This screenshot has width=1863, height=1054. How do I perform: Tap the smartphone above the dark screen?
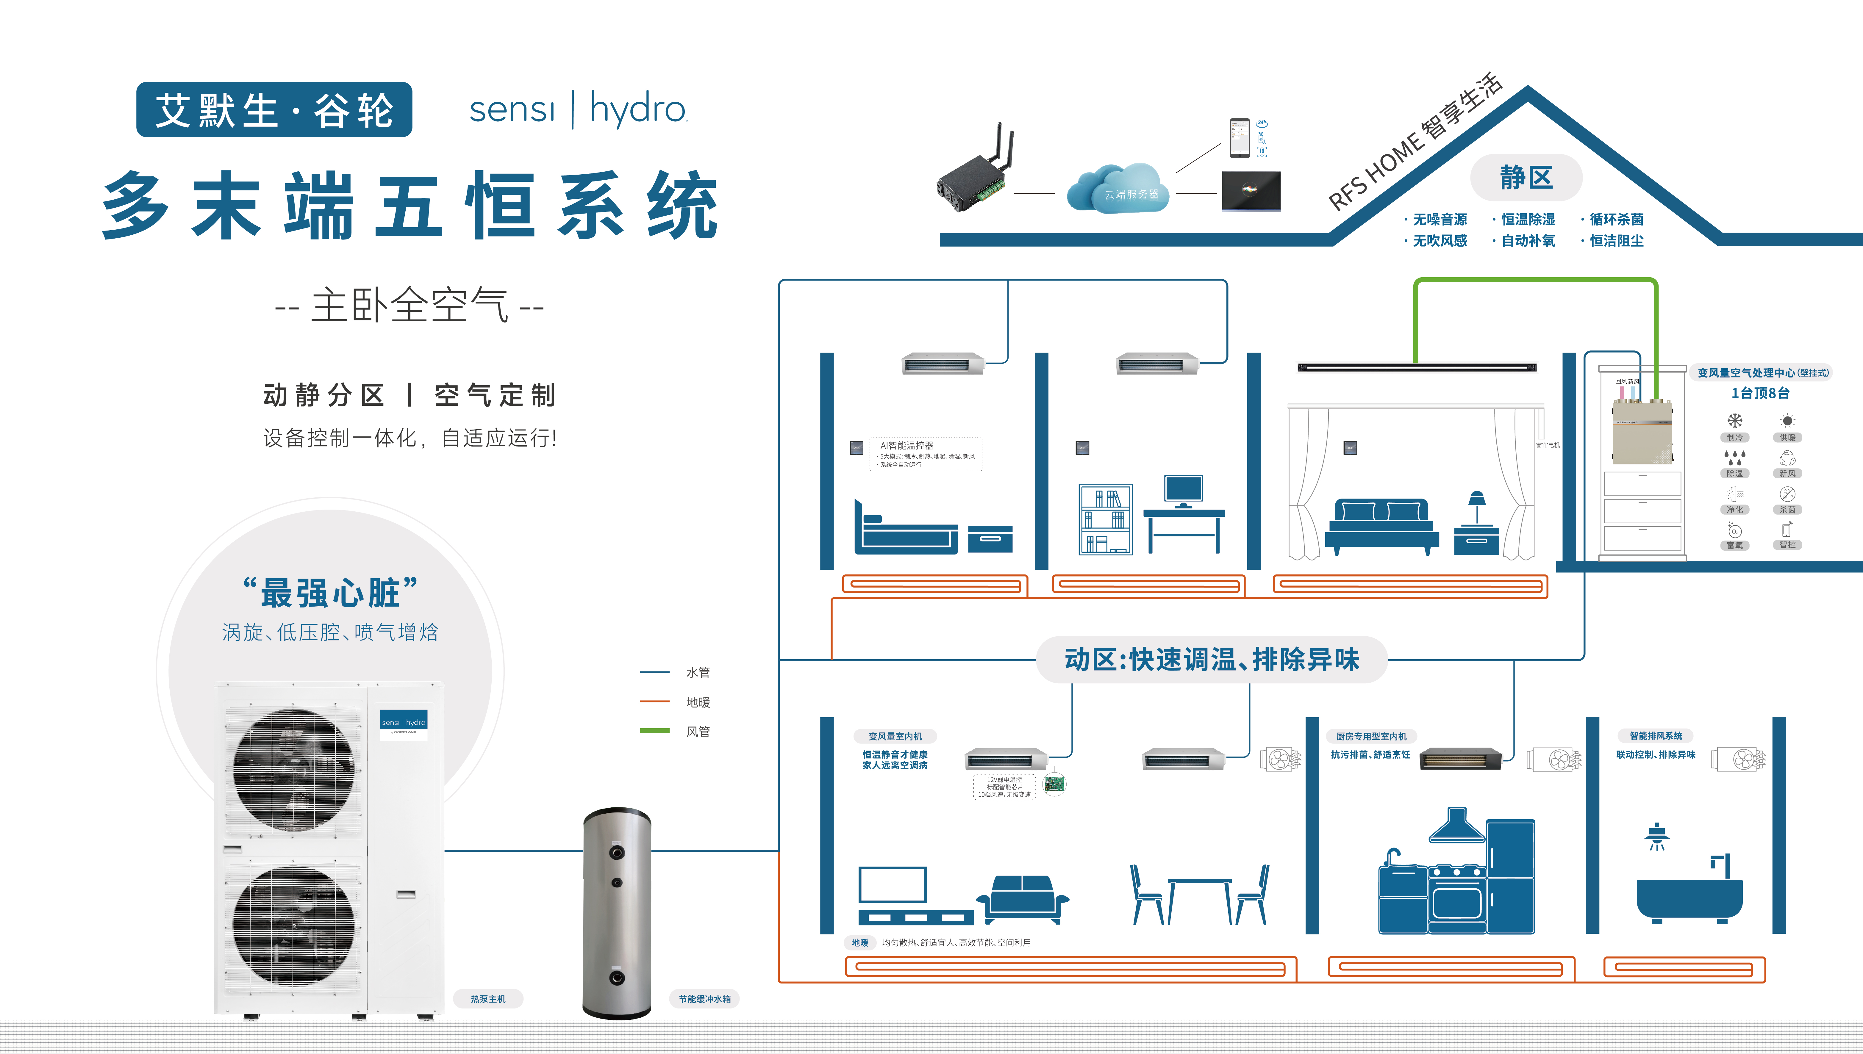pyautogui.click(x=1240, y=137)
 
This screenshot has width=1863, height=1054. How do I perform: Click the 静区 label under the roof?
pyautogui.click(x=1526, y=177)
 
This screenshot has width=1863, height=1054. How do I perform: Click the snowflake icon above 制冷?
pyautogui.click(x=1735, y=421)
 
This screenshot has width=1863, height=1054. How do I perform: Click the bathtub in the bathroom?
pyautogui.click(x=1689, y=898)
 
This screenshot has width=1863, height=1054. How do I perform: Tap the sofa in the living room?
pyautogui.click(x=1022, y=898)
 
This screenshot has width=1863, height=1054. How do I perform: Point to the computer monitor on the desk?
pyautogui.click(x=1183, y=490)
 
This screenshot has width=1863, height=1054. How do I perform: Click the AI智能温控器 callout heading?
pyautogui.click(x=907, y=445)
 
